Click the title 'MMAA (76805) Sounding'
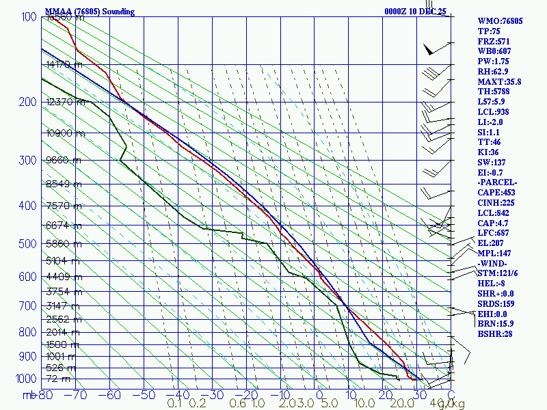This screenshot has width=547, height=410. click(90, 12)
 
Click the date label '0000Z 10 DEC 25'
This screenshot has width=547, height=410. click(415, 12)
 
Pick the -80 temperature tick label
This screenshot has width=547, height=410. click(45, 395)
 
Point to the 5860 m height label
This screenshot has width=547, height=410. click(63, 244)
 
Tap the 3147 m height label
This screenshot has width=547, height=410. click(63, 306)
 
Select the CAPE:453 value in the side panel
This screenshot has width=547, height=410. click(499, 193)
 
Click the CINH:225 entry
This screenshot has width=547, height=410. click(499, 203)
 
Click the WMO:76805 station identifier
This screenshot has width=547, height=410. click(500, 21)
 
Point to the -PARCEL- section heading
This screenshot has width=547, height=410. click(498, 182)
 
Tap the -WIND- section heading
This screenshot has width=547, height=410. click(494, 263)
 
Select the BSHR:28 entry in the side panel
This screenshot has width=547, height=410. click(496, 333)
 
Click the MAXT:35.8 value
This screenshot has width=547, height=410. click(499, 82)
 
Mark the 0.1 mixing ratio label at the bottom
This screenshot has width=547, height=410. click(174, 404)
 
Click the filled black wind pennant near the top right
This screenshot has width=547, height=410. click(429, 50)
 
